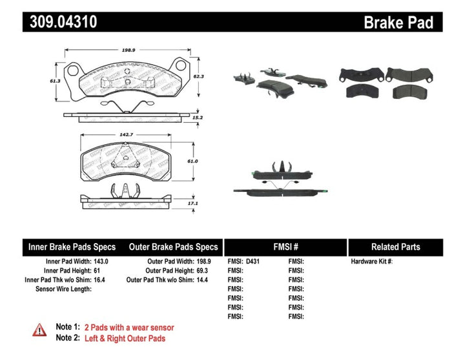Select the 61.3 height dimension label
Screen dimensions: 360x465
tap(58, 80)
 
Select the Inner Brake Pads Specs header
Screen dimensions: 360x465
tap(72, 247)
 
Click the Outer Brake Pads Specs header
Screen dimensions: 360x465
tap(173, 247)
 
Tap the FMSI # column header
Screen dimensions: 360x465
tap(285, 247)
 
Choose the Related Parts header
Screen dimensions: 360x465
tap(395, 247)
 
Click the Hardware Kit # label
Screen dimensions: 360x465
tap(371, 261)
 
